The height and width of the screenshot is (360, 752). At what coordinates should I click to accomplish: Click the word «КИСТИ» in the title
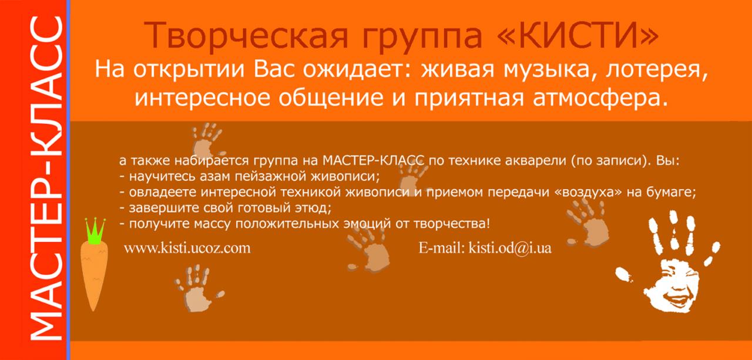(x=577, y=36)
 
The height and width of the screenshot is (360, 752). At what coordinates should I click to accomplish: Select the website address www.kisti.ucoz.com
(x=187, y=248)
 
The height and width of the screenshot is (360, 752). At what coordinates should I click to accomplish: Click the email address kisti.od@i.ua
(x=510, y=248)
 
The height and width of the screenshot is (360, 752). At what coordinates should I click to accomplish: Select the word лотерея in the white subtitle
(x=656, y=70)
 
